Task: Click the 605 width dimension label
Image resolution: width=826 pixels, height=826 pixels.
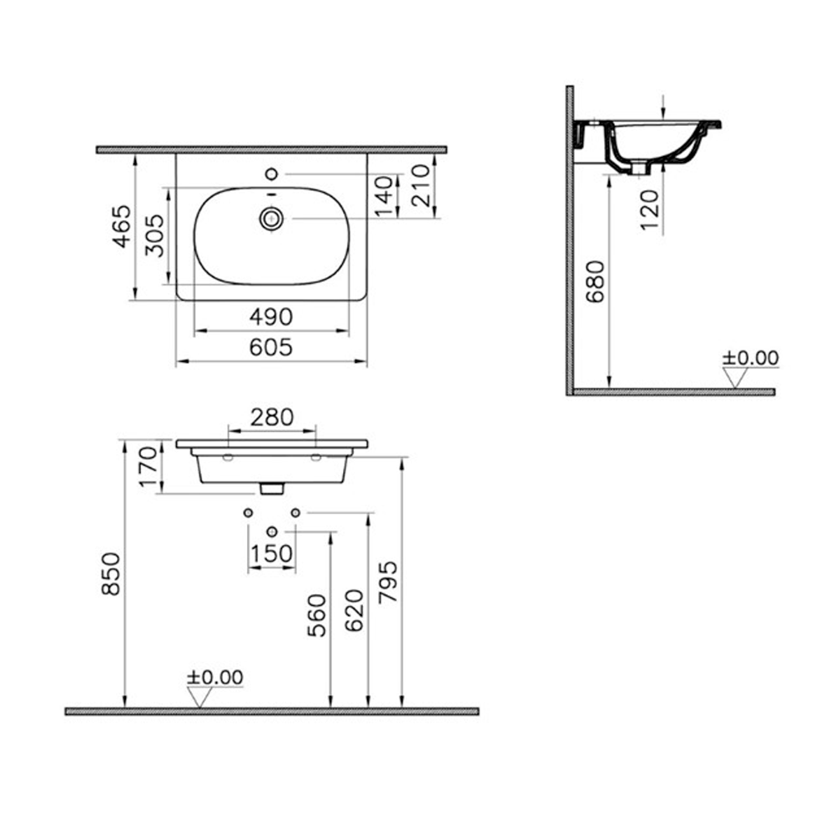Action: tap(272, 347)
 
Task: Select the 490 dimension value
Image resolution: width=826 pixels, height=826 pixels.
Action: tap(272, 317)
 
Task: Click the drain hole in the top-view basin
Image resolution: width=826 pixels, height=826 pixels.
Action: tap(271, 219)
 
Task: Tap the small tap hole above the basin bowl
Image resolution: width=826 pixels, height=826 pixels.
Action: tap(270, 174)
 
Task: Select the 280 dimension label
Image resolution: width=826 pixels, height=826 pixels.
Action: tap(272, 416)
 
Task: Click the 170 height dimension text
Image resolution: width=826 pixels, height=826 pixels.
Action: tap(148, 468)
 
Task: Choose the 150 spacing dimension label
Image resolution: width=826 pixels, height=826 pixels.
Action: tap(272, 553)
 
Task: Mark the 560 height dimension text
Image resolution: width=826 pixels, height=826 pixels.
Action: tap(317, 616)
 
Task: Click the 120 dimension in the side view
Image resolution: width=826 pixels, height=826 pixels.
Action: tap(651, 210)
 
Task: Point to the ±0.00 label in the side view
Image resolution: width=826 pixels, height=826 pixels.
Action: tap(750, 358)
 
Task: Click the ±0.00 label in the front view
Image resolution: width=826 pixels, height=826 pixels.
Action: tap(214, 677)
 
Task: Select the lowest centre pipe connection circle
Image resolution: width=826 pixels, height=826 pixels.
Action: tap(271, 531)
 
